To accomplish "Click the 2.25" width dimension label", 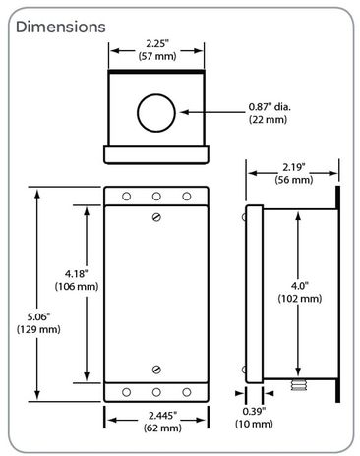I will pyautogui.click(x=156, y=45).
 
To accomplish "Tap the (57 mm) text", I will pyautogui.click(x=156, y=58).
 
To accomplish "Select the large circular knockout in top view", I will pyautogui.click(x=155, y=112).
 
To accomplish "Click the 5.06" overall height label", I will pyautogui.click(x=36, y=316).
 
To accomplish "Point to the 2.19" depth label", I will pyautogui.click(x=292, y=167).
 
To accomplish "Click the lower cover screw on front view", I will pyautogui.click(x=156, y=370).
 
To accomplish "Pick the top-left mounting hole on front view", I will pyautogui.click(x=126, y=197).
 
